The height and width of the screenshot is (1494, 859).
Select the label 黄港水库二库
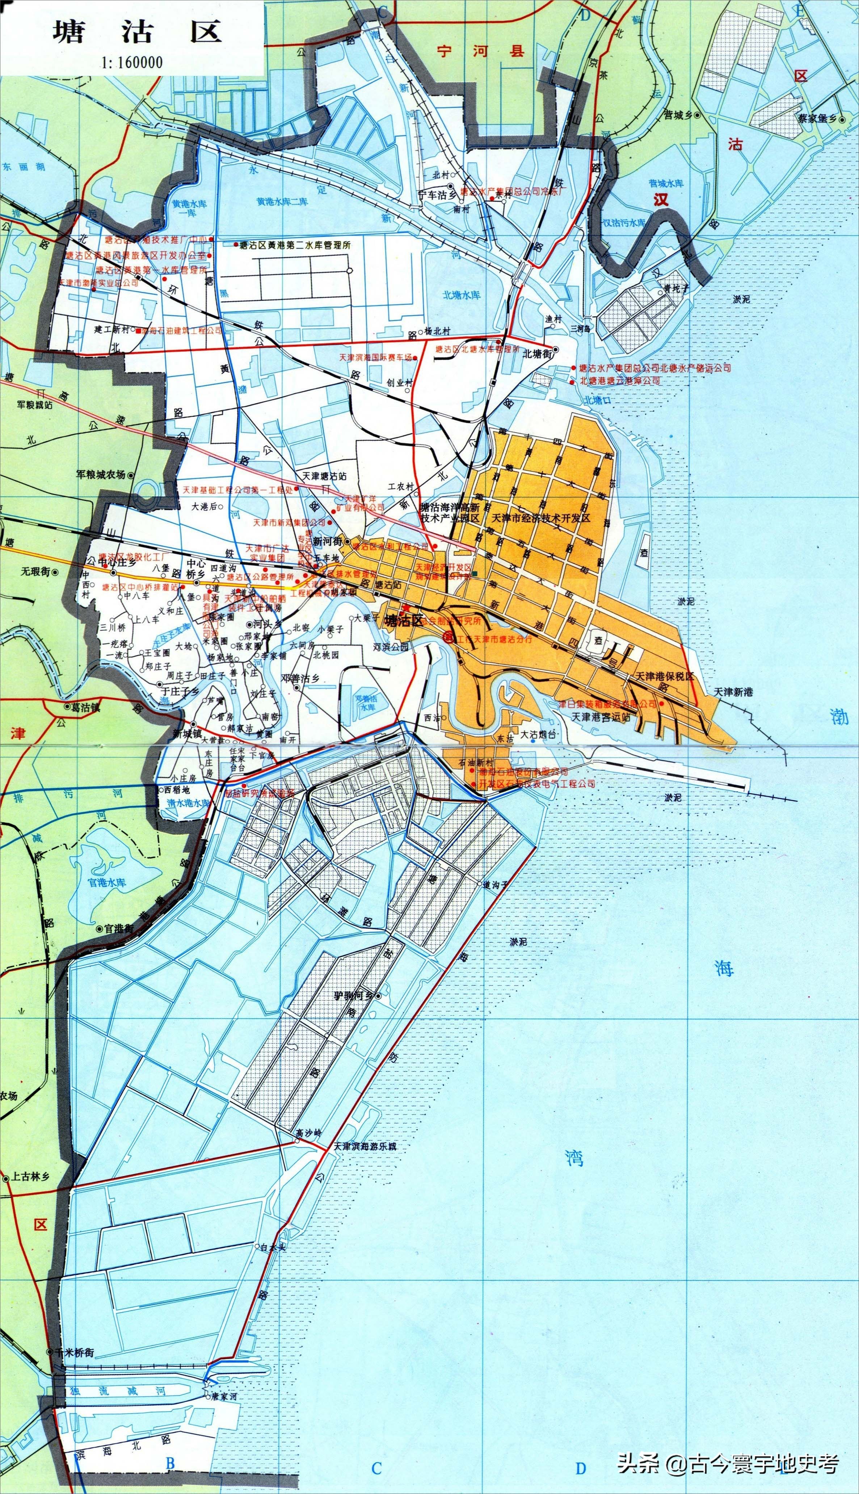tap(282, 201)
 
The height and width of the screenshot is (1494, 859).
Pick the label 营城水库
tap(666, 184)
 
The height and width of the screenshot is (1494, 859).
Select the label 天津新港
tap(733, 692)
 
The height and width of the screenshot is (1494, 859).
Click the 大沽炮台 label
tap(538, 735)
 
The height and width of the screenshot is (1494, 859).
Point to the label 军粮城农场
tap(101, 474)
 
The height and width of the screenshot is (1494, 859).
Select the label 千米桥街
tap(73, 1348)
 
